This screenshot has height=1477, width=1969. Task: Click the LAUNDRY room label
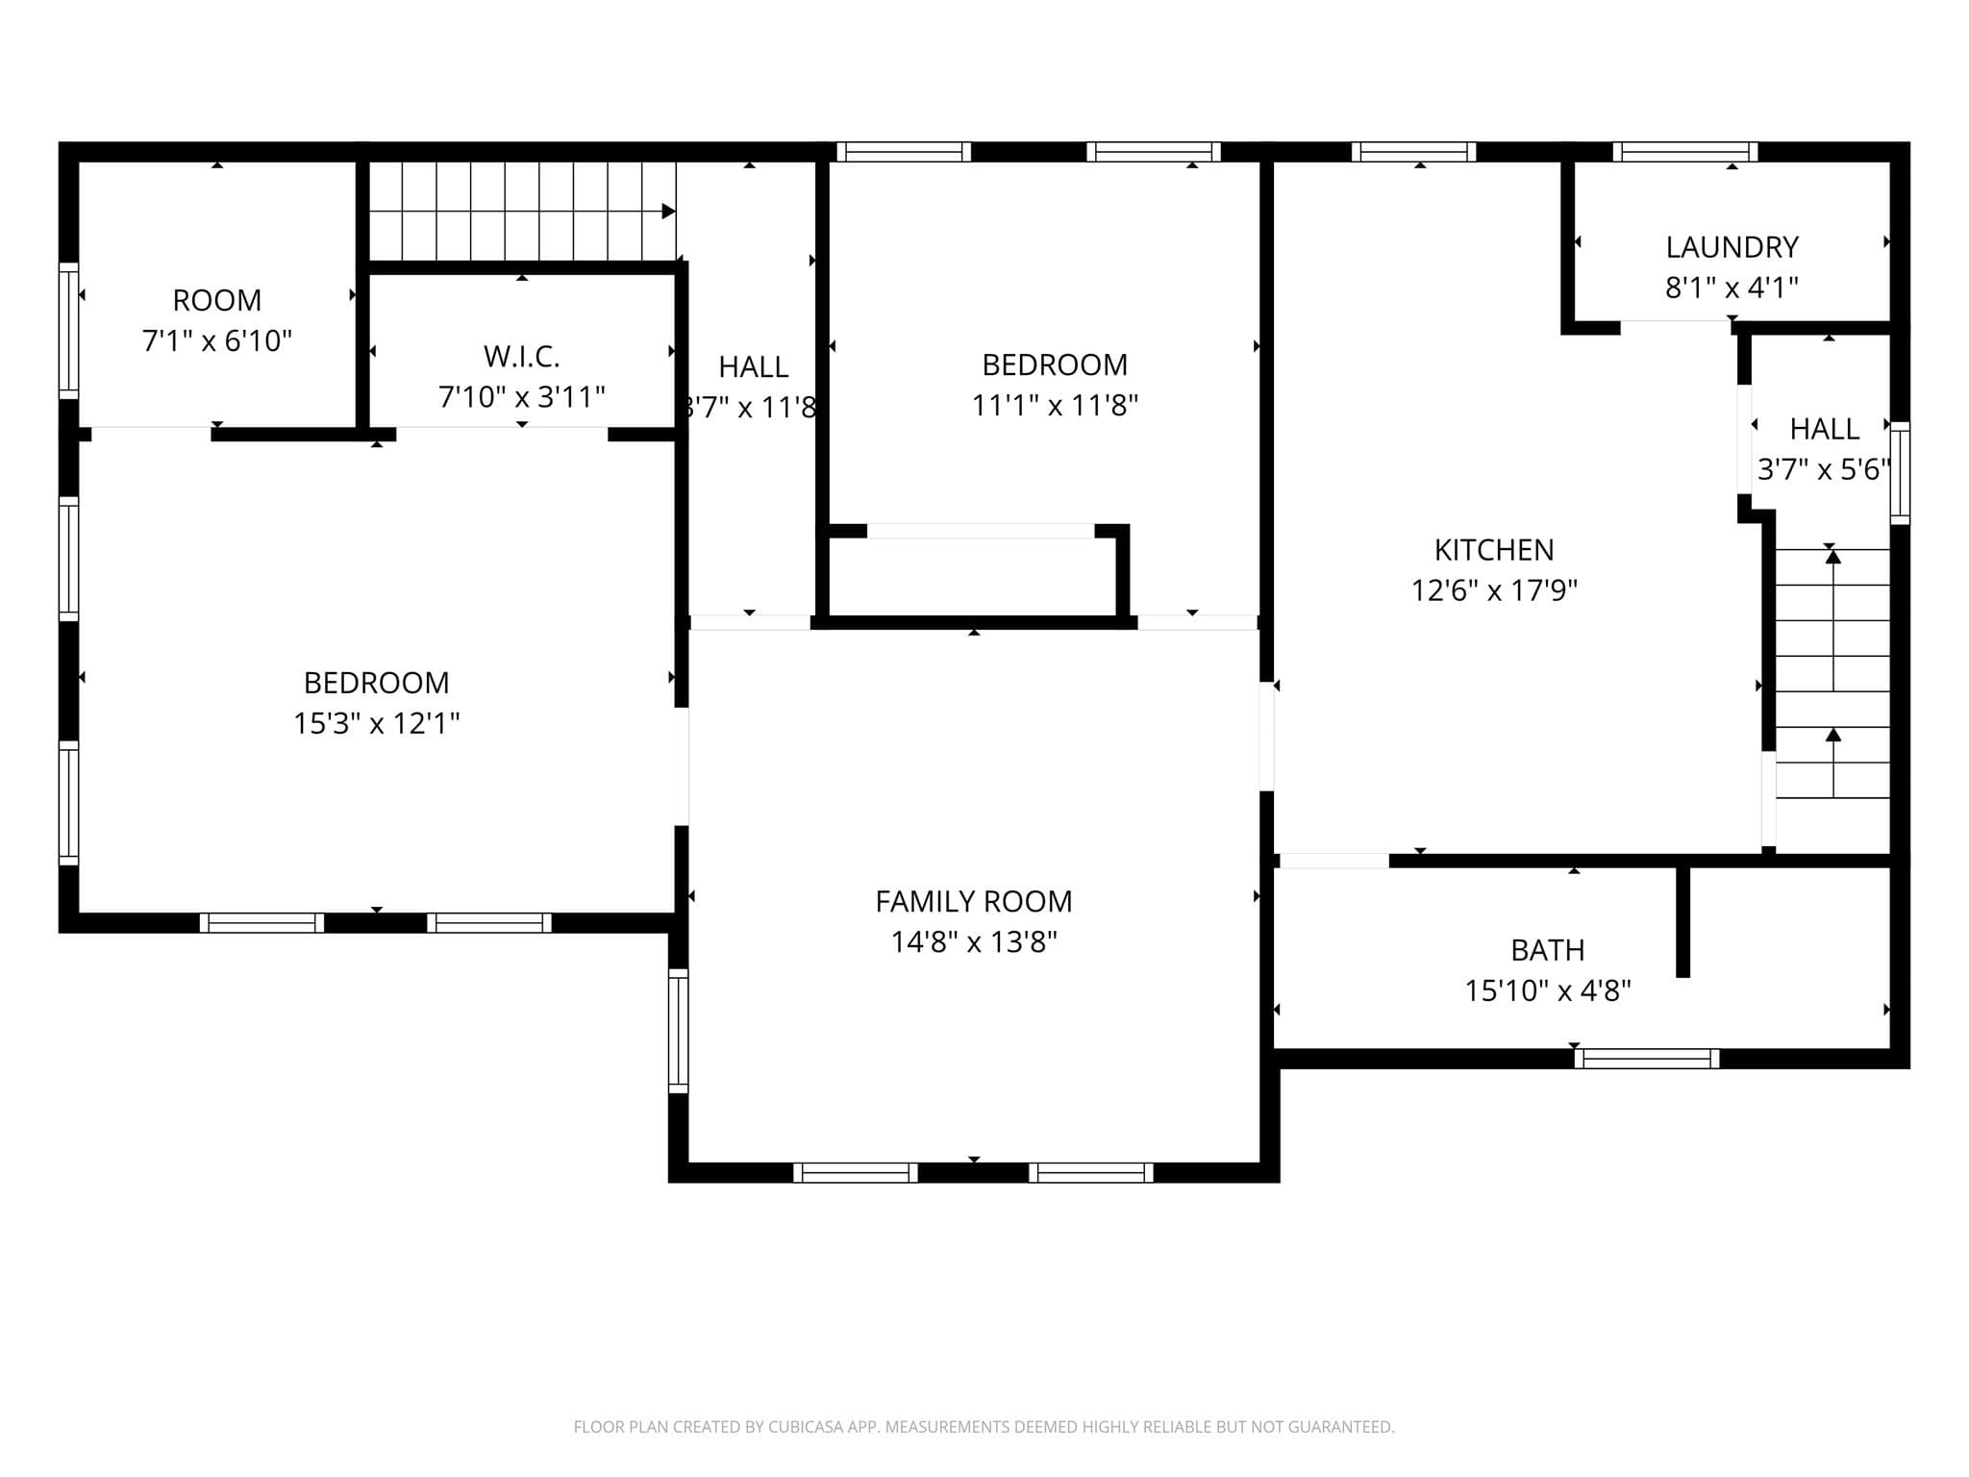pyautogui.click(x=1732, y=247)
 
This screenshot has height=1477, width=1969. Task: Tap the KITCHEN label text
pyautogui.click(x=1494, y=550)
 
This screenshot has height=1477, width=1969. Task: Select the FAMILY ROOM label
pyautogui.click(x=973, y=901)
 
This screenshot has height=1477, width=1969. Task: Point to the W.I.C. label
pyautogui.click(x=521, y=357)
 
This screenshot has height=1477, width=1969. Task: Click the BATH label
pyautogui.click(x=1547, y=950)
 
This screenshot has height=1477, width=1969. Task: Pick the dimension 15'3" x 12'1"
pyautogui.click(x=377, y=723)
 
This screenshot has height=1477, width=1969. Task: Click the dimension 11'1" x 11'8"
pyautogui.click(x=1055, y=406)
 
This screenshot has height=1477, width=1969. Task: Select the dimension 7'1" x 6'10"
pyautogui.click(x=217, y=340)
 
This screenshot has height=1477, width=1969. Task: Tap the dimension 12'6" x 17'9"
pyautogui.click(x=1494, y=590)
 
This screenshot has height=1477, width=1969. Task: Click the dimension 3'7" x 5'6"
pyautogui.click(x=1824, y=469)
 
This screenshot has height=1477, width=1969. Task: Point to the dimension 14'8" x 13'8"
pyautogui.click(x=973, y=941)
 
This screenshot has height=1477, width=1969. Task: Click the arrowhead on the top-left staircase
pyautogui.click(x=669, y=212)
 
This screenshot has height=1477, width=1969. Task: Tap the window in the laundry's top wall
pyautogui.click(x=1684, y=152)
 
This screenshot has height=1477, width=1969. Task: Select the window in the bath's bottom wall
pyautogui.click(x=1647, y=1059)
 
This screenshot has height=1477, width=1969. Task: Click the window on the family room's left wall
pyautogui.click(x=679, y=1031)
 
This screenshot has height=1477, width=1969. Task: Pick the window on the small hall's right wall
pyautogui.click(x=1900, y=472)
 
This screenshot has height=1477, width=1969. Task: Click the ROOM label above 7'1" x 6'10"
pyautogui.click(x=217, y=300)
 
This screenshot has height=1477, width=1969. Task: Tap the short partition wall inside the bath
pyautogui.click(x=1682, y=921)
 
